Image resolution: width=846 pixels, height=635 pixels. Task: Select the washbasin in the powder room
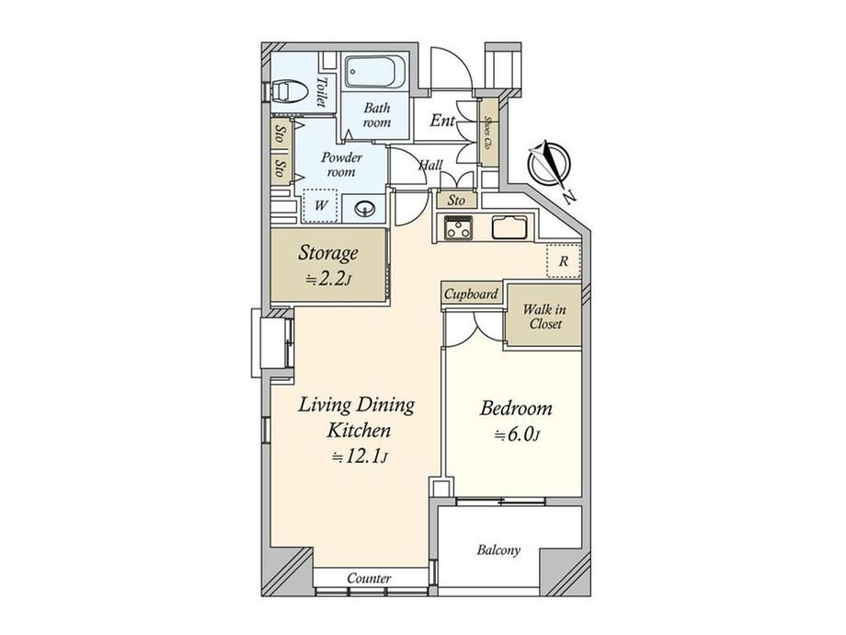366,208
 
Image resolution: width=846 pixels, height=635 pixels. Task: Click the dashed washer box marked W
321,205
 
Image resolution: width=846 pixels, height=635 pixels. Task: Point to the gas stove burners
458,227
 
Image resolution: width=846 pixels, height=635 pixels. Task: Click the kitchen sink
509,226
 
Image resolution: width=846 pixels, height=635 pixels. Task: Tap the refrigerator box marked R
564,261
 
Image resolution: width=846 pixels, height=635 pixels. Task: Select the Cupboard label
471,294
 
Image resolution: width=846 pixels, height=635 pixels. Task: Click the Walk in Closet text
544,317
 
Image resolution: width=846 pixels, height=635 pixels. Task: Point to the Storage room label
328,253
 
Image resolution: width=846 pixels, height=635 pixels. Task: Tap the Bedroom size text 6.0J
517,434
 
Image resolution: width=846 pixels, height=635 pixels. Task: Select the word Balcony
498,550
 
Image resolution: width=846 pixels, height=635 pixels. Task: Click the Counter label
369,578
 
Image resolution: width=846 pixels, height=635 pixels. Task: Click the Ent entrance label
442,121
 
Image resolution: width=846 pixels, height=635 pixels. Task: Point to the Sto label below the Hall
456,201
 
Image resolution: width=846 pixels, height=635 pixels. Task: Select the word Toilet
322,92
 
